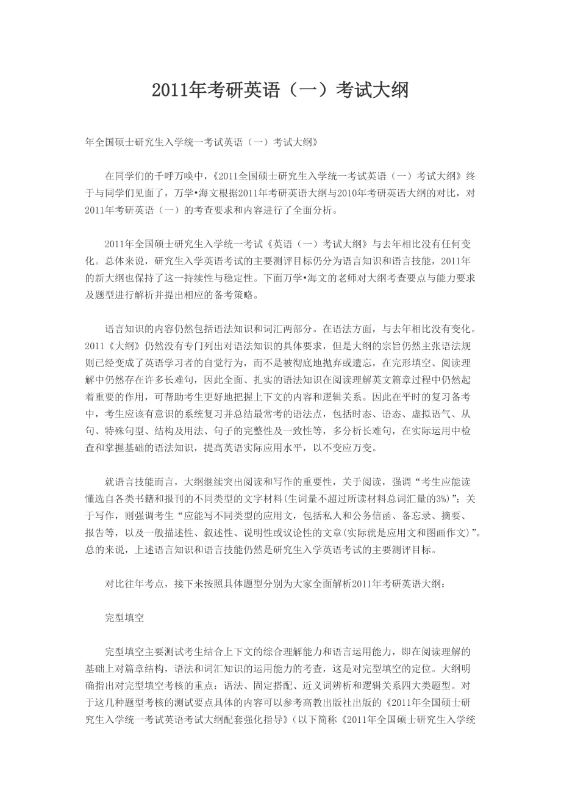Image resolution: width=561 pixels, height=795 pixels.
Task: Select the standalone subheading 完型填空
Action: (124, 617)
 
